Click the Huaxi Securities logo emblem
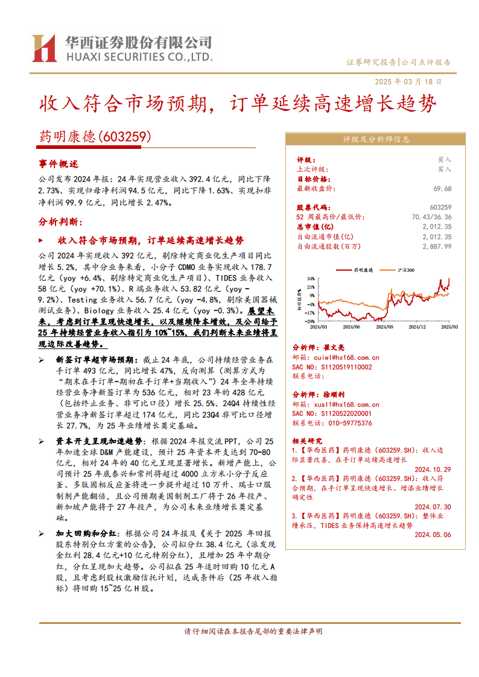click(44, 48)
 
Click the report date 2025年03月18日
click(408, 81)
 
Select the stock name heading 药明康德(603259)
click(95, 137)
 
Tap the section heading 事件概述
click(59, 164)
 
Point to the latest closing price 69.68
click(442, 189)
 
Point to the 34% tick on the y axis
click(310, 279)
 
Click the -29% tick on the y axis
click(309, 321)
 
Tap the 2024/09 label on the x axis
click(384, 327)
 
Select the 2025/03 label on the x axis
click(449, 327)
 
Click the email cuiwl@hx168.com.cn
click(345, 357)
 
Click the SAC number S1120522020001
click(340, 414)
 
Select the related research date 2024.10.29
click(433, 469)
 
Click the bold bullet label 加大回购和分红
click(83, 534)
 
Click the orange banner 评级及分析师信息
click(375, 139)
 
